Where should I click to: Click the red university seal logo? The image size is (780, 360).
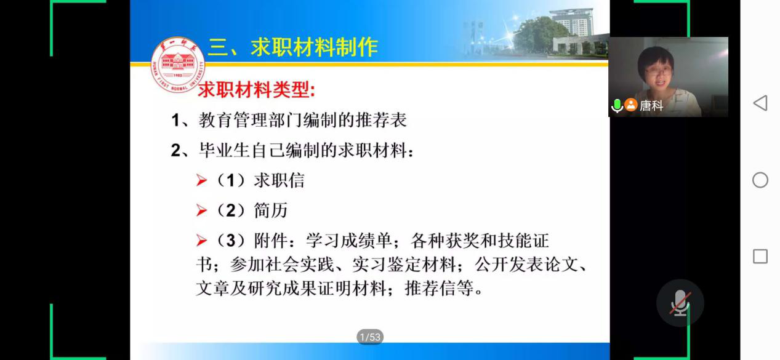(177, 65)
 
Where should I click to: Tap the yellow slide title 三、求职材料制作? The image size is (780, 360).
(293, 47)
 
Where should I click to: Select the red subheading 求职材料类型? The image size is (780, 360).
(257, 90)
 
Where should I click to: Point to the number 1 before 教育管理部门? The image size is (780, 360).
(176, 121)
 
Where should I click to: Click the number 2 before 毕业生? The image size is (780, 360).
(176, 150)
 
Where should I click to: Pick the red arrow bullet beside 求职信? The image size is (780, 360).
(201, 180)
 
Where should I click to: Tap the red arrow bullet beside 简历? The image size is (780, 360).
(201, 210)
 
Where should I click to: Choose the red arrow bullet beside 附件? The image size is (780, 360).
(201, 240)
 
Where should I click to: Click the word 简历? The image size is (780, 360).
(270, 210)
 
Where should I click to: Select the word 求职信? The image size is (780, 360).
(279, 180)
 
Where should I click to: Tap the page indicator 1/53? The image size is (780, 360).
(370, 337)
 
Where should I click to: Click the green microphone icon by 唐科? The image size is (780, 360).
(617, 105)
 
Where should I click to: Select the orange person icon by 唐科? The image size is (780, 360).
(631, 105)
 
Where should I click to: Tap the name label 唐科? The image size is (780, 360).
(651, 105)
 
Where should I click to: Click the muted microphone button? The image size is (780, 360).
(680, 303)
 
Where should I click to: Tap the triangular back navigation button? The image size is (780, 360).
(760, 103)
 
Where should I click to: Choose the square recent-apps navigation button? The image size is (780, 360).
(760, 256)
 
